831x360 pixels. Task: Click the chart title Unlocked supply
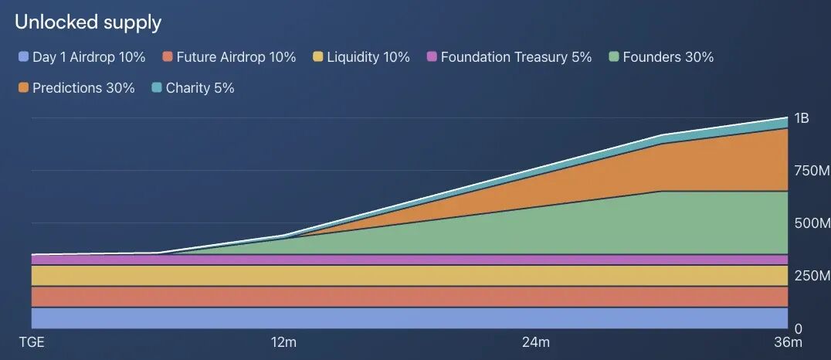coord(88,23)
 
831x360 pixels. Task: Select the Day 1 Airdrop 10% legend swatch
coord(23,56)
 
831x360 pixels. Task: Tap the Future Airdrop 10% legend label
coord(236,56)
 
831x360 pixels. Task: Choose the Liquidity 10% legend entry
coord(361,56)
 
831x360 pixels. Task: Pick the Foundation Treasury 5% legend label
coord(516,56)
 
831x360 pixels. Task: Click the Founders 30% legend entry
coord(661,56)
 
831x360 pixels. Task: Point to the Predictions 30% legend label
coord(83,87)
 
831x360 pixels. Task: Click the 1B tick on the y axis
coord(802,118)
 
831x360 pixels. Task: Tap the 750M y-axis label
coord(812,171)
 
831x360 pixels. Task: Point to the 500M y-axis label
coord(812,223)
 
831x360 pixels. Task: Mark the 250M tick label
coord(812,276)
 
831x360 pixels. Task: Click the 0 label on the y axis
coord(798,329)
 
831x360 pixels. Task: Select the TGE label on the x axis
coord(32,342)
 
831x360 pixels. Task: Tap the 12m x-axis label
coord(283,342)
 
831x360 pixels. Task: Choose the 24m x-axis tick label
coord(536,342)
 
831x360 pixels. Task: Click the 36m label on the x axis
coord(789,342)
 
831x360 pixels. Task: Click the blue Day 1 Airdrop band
coord(409,318)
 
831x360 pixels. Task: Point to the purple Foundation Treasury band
coord(409,260)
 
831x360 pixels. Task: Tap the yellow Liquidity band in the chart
coord(409,276)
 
